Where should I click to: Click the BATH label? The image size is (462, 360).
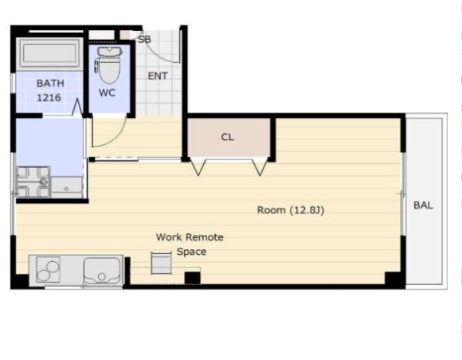tap(50, 84)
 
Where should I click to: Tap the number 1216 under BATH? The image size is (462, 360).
tap(49, 97)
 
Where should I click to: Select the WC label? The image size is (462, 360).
tap(107, 93)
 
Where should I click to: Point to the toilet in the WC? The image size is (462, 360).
tap(108, 65)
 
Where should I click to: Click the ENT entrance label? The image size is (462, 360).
tap(158, 76)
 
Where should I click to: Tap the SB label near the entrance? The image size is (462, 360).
tap(145, 39)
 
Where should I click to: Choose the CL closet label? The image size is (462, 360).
tap(228, 137)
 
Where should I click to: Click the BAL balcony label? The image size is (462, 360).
tap(423, 205)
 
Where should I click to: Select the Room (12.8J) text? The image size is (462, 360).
tap(291, 210)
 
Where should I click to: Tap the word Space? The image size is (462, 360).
tap(191, 252)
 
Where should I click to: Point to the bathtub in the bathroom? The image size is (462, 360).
tap(50, 54)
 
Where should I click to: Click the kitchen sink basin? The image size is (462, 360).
tap(102, 271)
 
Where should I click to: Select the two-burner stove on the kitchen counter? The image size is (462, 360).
tap(49, 269)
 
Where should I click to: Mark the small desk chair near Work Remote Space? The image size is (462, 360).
tap(161, 263)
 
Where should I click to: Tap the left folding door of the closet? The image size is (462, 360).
tap(198, 167)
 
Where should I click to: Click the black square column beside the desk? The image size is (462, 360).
tap(193, 278)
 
